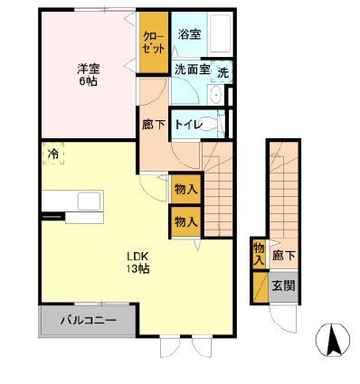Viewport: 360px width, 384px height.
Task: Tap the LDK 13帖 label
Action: [x=137, y=261]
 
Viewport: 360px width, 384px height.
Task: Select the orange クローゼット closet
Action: [x=153, y=42]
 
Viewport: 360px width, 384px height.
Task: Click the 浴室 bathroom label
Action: [x=188, y=36]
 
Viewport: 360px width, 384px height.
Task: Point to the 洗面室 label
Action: [x=192, y=69]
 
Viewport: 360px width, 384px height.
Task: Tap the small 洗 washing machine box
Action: [x=223, y=71]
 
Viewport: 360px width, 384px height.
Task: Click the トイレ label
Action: [x=188, y=123]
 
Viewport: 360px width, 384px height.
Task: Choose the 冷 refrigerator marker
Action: [x=53, y=154]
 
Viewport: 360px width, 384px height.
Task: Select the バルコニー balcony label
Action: [x=88, y=320]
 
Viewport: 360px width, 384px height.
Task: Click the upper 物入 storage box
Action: [x=186, y=190]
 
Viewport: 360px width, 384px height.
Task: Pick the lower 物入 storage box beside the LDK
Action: [x=186, y=221]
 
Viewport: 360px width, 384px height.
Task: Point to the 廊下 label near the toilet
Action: [x=154, y=124]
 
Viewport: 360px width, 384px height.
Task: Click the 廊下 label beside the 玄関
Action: [x=284, y=256]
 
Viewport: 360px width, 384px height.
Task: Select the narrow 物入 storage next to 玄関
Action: [x=260, y=252]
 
